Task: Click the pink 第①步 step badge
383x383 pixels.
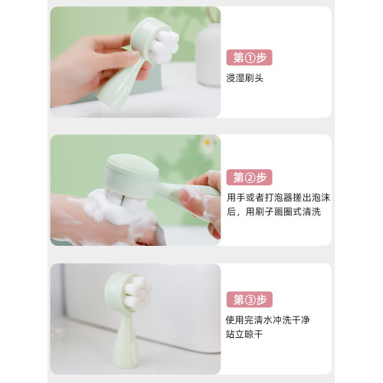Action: [x=250, y=57]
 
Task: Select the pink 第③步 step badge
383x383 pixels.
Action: [x=250, y=300]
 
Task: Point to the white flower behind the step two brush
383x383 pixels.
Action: [x=208, y=142]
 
